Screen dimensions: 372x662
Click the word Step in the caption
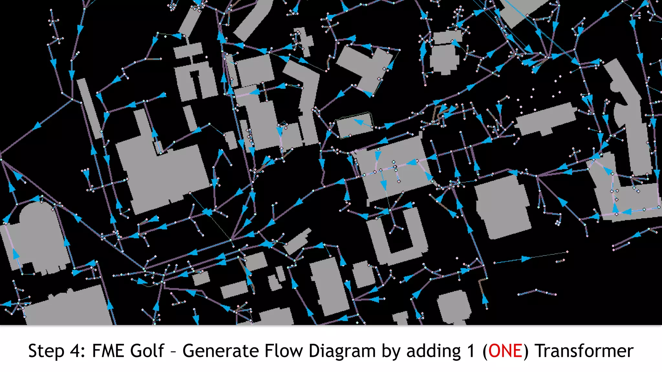[x=46, y=351]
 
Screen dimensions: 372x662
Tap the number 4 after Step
[x=77, y=351]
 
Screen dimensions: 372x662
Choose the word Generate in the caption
[x=220, y=351]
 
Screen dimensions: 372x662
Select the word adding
[x=433, y=351]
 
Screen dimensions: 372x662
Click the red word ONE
[x=505, y=351]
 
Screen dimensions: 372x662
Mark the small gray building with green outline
[x=354, y=124]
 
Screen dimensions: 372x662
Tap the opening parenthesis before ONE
[x=485, y=351]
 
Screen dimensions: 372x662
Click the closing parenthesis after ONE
[x=526, y=351]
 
